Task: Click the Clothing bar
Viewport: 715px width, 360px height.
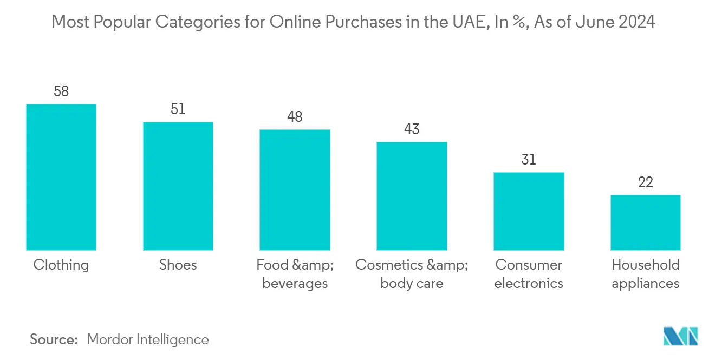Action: point(61,177)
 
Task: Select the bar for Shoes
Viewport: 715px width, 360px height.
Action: point(178,186)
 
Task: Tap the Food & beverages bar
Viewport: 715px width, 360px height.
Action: point(295,189)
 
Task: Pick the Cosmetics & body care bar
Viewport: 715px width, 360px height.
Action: point(412,196)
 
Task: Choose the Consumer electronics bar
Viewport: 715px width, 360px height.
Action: point(529,211)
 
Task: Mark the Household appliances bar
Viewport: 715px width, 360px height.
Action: point(645,222)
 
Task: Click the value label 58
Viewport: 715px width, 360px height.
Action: point(61,91)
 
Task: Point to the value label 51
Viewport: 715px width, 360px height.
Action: point(178,109)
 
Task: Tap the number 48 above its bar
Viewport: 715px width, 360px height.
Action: point(295,117)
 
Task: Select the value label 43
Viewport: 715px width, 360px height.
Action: point(412,129)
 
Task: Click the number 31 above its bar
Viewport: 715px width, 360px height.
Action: point(529,160)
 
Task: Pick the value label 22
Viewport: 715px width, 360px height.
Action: point(645,182)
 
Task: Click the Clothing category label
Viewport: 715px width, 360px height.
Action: point(61,265)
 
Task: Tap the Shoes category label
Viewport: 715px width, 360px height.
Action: point(178,265)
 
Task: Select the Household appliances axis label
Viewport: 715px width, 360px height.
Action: point(645,274)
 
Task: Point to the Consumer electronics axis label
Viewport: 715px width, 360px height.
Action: point(529,274)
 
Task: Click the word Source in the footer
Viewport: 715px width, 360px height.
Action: point(54,339)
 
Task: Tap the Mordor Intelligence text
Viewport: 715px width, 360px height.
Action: point(148,339)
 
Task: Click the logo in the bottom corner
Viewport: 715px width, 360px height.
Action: point(681,336)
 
